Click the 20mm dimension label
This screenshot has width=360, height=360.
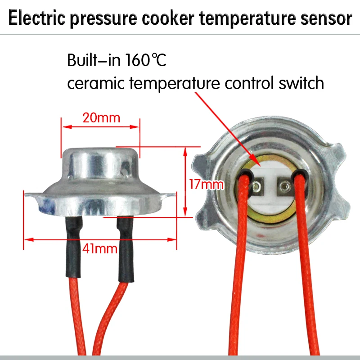click(101, 118)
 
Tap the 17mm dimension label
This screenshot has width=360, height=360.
click(206, 184)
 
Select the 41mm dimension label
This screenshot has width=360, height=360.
click(100, 248)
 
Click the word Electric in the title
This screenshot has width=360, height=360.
click(37, 18)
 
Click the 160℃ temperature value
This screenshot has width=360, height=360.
click(146, 60)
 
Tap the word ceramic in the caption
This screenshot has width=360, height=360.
click(96, 83)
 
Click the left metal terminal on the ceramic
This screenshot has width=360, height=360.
click(257, 187)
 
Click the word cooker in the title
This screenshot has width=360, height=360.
click(168, 18)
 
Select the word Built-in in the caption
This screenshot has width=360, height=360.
click(94, 60)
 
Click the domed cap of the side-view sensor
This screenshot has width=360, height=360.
click(100, 163)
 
